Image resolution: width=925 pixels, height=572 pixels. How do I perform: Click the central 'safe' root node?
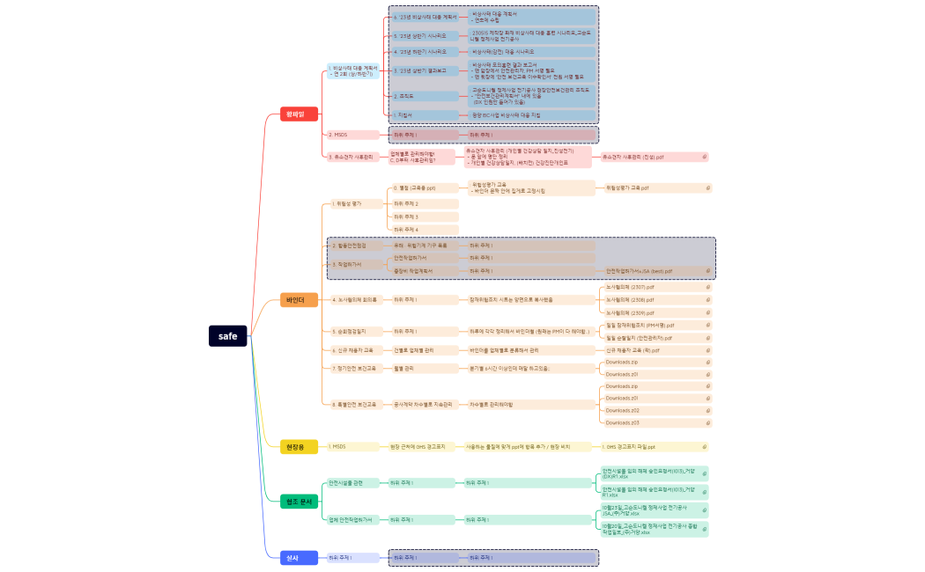coord(228,336)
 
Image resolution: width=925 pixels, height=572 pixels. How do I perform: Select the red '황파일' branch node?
coord(294,114)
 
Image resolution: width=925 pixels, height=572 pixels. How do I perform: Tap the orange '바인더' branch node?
coord(295,300)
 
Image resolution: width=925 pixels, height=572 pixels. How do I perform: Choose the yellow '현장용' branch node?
coord(295,447)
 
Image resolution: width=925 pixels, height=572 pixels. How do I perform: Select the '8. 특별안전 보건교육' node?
coord(352,405)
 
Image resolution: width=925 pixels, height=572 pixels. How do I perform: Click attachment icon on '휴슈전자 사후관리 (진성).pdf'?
coord(705,157)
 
